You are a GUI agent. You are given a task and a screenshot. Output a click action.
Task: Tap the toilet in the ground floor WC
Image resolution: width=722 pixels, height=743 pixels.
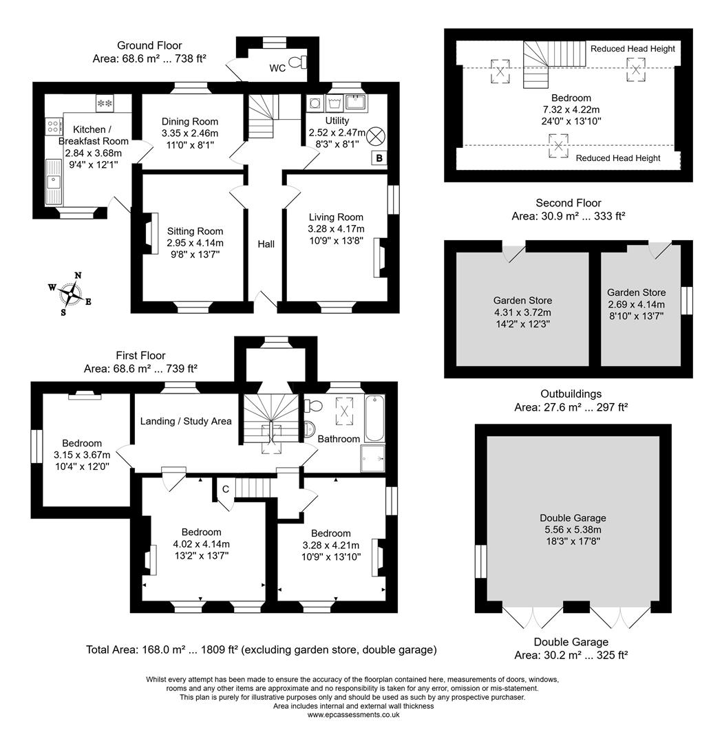tap(298, 63)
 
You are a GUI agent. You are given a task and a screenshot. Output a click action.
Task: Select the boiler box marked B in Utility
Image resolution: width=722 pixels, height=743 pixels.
tap(378, 158)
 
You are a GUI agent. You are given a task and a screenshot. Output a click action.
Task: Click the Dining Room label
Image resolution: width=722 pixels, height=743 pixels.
tap(190, 122)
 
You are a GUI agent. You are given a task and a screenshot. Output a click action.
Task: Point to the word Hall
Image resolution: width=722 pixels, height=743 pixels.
tap(266, 244)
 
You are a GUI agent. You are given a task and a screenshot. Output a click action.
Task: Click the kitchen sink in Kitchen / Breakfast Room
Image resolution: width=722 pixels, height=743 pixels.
tap(53, 182)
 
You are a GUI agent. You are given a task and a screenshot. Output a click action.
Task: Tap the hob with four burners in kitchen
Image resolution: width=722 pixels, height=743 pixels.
tap(53, 126)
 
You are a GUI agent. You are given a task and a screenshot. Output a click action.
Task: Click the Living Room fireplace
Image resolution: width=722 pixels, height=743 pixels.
tap(379, 258)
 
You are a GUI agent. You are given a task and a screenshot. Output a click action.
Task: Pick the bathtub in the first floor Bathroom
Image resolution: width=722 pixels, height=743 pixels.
tap(375, 417)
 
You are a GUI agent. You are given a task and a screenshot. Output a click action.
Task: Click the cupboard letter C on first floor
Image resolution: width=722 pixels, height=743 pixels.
tap(225, 489)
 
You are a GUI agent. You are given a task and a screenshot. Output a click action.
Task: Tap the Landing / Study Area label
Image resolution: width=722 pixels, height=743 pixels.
tap(186, 421)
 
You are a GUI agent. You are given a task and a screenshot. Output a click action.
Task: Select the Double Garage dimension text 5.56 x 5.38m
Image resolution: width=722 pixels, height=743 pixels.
tap(573, 530)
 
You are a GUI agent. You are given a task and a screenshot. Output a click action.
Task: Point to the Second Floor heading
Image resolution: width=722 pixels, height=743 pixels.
tap(568, 203)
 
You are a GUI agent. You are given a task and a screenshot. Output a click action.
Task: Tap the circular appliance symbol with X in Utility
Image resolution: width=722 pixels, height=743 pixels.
tap(378, 136)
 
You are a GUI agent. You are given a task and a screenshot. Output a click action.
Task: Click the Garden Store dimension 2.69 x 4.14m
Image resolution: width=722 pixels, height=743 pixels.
tap(636, 305)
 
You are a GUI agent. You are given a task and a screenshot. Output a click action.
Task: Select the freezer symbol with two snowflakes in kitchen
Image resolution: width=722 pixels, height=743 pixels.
tap(105, 103)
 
